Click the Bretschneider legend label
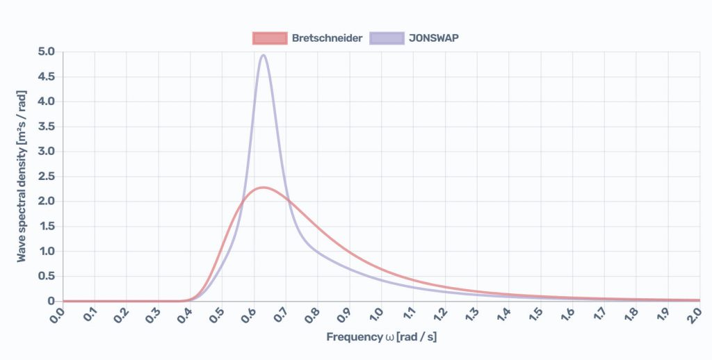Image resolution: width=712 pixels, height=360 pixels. (x=327, y=38)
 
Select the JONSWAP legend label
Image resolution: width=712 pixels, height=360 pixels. (x=434, y=38)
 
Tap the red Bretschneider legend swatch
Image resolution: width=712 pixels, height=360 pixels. (x=270, y=38)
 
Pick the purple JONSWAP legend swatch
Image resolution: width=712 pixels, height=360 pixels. (x=387, y=38)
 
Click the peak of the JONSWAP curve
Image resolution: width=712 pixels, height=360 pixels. (x=263, y=55)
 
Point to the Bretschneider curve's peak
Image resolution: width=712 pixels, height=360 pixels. (x=263, y=188)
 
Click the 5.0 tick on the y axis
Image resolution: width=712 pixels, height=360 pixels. (x=46, y=52)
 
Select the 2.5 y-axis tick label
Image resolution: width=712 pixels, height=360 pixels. (x=46, y=177)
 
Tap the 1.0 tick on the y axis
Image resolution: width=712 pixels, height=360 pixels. (x=46, y=252)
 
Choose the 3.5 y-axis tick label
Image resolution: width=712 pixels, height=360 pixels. (x=46, y=127)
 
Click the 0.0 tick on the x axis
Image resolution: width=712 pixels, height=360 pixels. (x=58, y=314)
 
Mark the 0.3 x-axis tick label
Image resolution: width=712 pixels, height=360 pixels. (x=154, y=314)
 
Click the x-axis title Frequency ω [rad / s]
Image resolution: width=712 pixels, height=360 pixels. (x=381, y=338)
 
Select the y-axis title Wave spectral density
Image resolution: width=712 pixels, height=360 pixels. (x=22, y=177)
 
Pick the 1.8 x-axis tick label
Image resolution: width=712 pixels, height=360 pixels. (x=631, y=314)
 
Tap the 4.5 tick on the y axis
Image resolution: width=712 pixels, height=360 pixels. (x=46, y=77)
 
